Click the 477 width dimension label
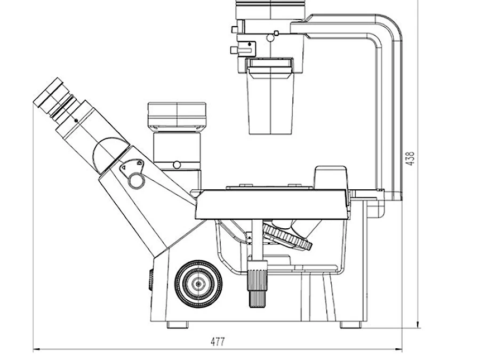pos(218,342)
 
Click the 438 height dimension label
pos(410,158)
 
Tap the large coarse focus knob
pos(198,284)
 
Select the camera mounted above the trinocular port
pos(177,115)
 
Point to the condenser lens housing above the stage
pos(270,97)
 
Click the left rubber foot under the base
pos(178,324)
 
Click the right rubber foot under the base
pos(351,324)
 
